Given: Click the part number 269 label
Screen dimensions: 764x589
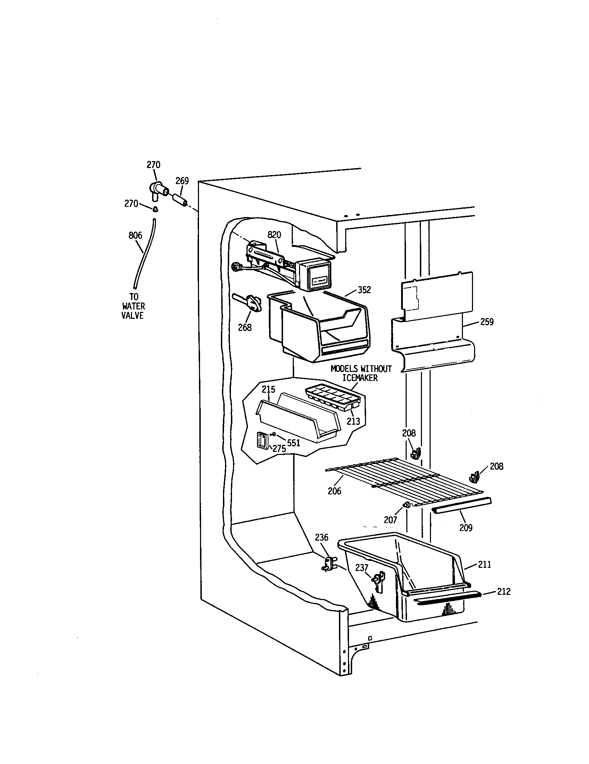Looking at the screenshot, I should (182, 181).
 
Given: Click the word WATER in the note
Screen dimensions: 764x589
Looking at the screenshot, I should (133, 306).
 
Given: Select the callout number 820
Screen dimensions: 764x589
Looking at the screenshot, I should (274, 235).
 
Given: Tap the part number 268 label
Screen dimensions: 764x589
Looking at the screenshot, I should (244, 327).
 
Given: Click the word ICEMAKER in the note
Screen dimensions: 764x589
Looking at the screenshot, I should (360, 378).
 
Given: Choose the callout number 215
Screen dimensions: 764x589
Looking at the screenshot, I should (268, 389).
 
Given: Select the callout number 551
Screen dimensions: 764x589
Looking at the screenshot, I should (293, 443).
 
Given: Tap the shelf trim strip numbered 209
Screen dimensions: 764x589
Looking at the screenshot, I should (462, 506).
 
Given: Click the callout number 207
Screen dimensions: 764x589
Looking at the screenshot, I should (390, 520).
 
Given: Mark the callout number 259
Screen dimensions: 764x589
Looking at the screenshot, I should (487, 322).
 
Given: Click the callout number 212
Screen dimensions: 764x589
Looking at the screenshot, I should (503, 591).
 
